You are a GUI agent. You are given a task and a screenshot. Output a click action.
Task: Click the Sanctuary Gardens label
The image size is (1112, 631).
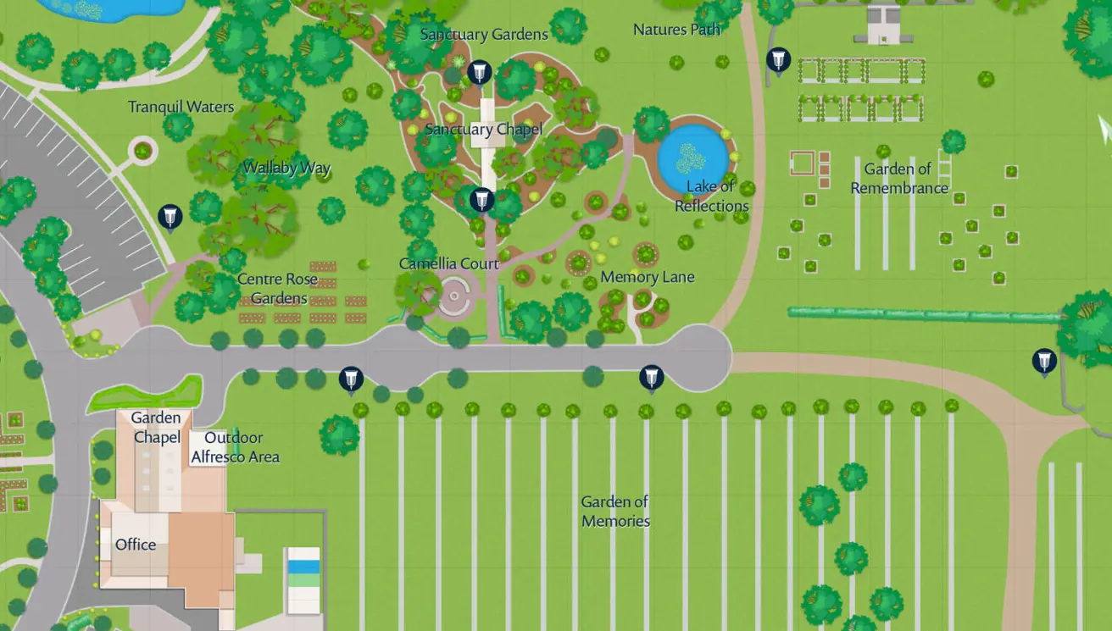[x=484, y=35]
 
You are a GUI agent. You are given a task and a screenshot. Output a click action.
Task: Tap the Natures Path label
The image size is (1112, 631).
[x=676, y=30]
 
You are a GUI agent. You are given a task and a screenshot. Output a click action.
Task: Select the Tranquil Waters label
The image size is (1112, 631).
[x=181, y=107]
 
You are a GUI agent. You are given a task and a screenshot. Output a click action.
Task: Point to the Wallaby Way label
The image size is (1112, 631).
[x=286, y=168]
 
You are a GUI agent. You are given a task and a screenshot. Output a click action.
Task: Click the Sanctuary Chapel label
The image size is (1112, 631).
[x=483, y=130]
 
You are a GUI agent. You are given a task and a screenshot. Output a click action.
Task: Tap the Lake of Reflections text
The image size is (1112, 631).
[x=712, y=196]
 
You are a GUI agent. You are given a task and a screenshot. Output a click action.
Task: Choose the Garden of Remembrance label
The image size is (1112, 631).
[x=898, y=179]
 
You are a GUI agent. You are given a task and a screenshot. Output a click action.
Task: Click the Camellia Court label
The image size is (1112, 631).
[x=448, y=263]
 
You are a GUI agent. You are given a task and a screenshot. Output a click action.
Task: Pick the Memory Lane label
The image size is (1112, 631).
[x=648, y=277]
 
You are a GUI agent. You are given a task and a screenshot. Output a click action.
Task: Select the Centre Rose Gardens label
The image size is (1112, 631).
[x=278, y=288]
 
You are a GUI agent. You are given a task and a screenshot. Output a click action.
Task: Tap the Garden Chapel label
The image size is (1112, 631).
[x=157, y=427]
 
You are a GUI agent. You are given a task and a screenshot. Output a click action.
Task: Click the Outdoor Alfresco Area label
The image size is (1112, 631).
[x=235, y=447]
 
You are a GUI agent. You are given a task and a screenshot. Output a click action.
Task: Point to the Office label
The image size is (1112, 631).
[x=136, y=544]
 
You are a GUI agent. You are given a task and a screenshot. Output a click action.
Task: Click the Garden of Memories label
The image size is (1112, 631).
[x=615, y=512]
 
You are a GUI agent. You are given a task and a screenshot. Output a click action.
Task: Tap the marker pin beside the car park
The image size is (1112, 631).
[x=170, y=217]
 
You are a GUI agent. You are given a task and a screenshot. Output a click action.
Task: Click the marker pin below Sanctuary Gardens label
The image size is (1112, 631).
[x=480, y=72]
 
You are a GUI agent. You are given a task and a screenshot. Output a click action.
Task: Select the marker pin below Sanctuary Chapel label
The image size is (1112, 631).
[x=481, y=200]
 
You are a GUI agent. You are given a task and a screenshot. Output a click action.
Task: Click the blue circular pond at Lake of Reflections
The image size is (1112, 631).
[x=693, y=158]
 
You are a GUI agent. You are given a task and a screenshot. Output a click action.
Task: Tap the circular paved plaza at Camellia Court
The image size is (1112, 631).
[x=454, y=296]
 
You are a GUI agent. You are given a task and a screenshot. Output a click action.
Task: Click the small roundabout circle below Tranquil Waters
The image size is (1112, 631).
[x=142, y=152]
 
